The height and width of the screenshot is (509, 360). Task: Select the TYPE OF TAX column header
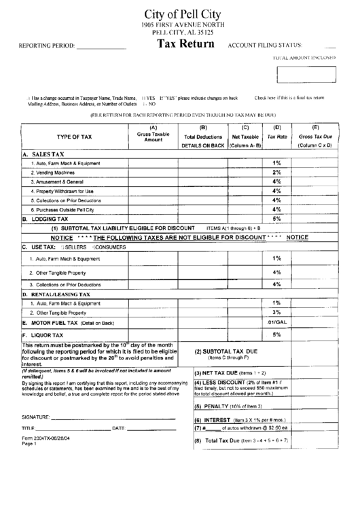coord(74,137)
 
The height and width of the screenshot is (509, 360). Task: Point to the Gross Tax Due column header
coord(314,137)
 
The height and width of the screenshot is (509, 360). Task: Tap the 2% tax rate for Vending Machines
coord(276,173)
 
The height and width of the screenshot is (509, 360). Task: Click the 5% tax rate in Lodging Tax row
coord(276,219)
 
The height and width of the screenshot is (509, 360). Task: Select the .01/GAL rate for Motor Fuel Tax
coord(276,321)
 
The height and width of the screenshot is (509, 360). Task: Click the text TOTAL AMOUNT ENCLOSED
coord(304,58)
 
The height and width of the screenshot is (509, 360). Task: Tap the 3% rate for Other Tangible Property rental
coord(276,311)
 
